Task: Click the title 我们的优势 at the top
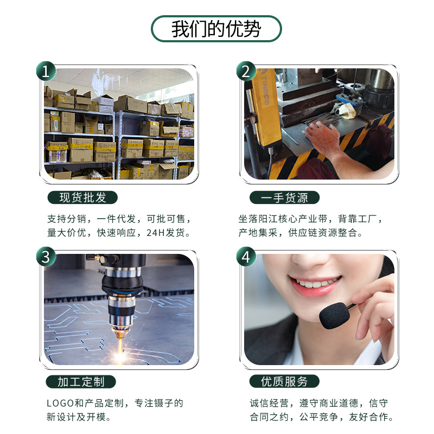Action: pos(216,29)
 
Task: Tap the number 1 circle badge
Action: pos(46,71)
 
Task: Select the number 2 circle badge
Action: pos(246,71)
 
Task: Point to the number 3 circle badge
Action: pos(46,257)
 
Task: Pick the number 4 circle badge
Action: pos(246,257)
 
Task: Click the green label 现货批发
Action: pos(81,197)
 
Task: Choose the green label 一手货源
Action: pos(284,197)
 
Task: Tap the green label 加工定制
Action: pos(81,381)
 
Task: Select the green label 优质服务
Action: pos(284,381)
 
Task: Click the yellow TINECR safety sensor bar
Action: pos(265,106)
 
